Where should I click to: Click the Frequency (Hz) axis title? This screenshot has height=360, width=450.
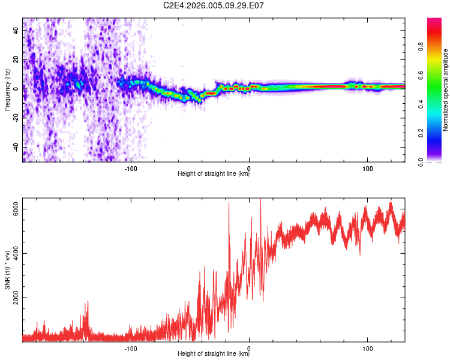(7, 90)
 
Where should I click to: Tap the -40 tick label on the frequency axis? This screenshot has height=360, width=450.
(16, 146)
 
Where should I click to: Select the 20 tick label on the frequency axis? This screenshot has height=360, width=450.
(16, 59)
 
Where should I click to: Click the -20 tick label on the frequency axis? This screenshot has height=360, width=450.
(16, 117)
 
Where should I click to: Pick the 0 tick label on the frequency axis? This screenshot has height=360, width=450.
(16, 88)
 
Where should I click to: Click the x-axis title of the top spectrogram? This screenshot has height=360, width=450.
(214, 175)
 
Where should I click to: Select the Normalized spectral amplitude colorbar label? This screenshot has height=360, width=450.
(446, 90)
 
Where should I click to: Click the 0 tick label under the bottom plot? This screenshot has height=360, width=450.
(250, 347)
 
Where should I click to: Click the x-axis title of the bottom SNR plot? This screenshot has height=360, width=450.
(214, 354)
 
